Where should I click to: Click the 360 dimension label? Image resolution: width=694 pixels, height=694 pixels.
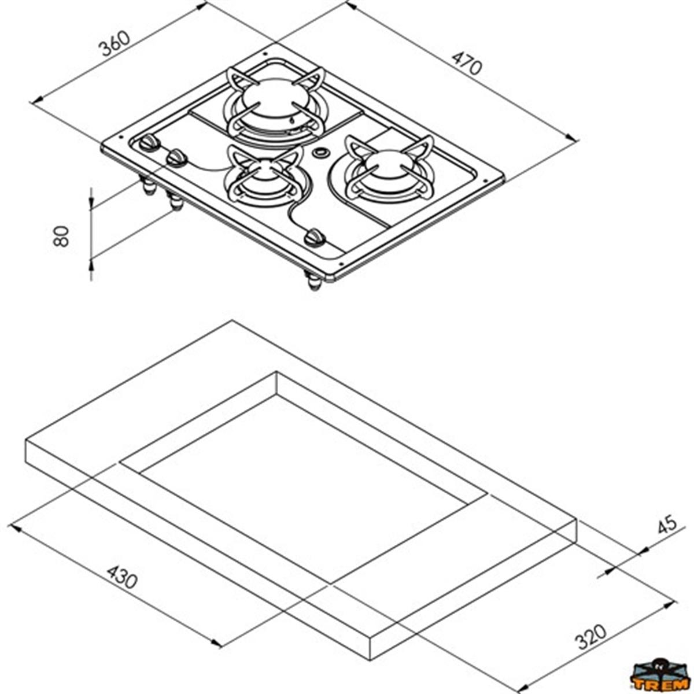pyautogui.click(x=115, y=45)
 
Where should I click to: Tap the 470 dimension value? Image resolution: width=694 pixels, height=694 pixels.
pyautogui.click(x=467, y=63)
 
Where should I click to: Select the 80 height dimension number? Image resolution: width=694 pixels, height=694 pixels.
pyautogui.click(x=61, y=236)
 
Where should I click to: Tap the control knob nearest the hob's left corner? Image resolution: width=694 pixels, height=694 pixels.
pyautogui.click(x=149, y=143)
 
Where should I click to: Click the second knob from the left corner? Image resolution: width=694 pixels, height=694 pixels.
pyautogui.click(x=177, y=158)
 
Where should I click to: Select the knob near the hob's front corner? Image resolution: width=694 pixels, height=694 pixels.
pyautogui.click(x=315, y=238)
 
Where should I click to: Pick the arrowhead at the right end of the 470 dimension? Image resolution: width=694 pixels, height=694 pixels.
pyautogui.click(x=572, y=138)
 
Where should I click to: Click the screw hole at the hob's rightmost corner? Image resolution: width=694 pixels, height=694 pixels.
pyautogui.click(x=485, y=182)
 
